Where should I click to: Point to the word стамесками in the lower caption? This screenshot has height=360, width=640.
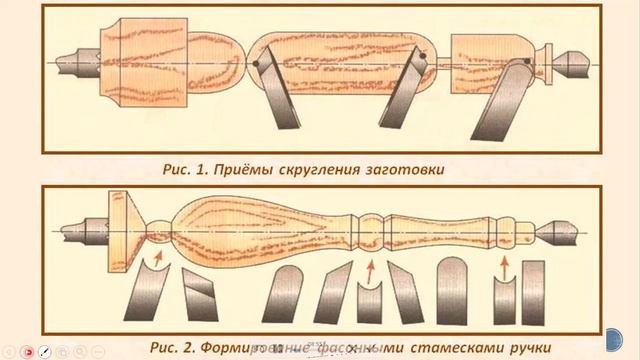[x=449, y=323]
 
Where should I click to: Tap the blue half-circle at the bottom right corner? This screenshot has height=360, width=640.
[x=627, y=345]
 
